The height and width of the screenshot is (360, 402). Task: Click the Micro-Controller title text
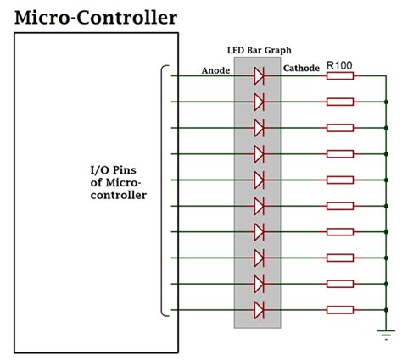click(x=96, y=16)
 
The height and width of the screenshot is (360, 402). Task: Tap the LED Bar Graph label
click(x=259, y=51)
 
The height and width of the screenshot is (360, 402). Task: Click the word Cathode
click(x=301, y=68)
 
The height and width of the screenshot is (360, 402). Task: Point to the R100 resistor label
click(x=340, y=64)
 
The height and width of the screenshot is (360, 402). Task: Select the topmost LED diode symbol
click(x=260, y=76)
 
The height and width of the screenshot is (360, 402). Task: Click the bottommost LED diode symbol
click(x=260, y=308)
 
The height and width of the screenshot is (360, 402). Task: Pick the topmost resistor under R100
click(x=340, y=76)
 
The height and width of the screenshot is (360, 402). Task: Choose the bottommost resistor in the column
click(x=340, y=308)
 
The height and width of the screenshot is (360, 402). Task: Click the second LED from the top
click(x=260, y=102)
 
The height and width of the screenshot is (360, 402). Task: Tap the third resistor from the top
click(x=340, y=128)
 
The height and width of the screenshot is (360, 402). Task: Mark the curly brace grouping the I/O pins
click(x=163, y=191)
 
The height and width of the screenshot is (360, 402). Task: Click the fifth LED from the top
click(x=260, y=180)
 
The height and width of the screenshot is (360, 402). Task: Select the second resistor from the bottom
click(x=340, y=283)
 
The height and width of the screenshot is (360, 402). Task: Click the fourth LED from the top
click(x=260, y=154)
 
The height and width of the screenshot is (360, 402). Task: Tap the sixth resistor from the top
click(x=340, y=205)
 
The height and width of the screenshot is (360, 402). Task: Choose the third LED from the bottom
click(x=260, y=257)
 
